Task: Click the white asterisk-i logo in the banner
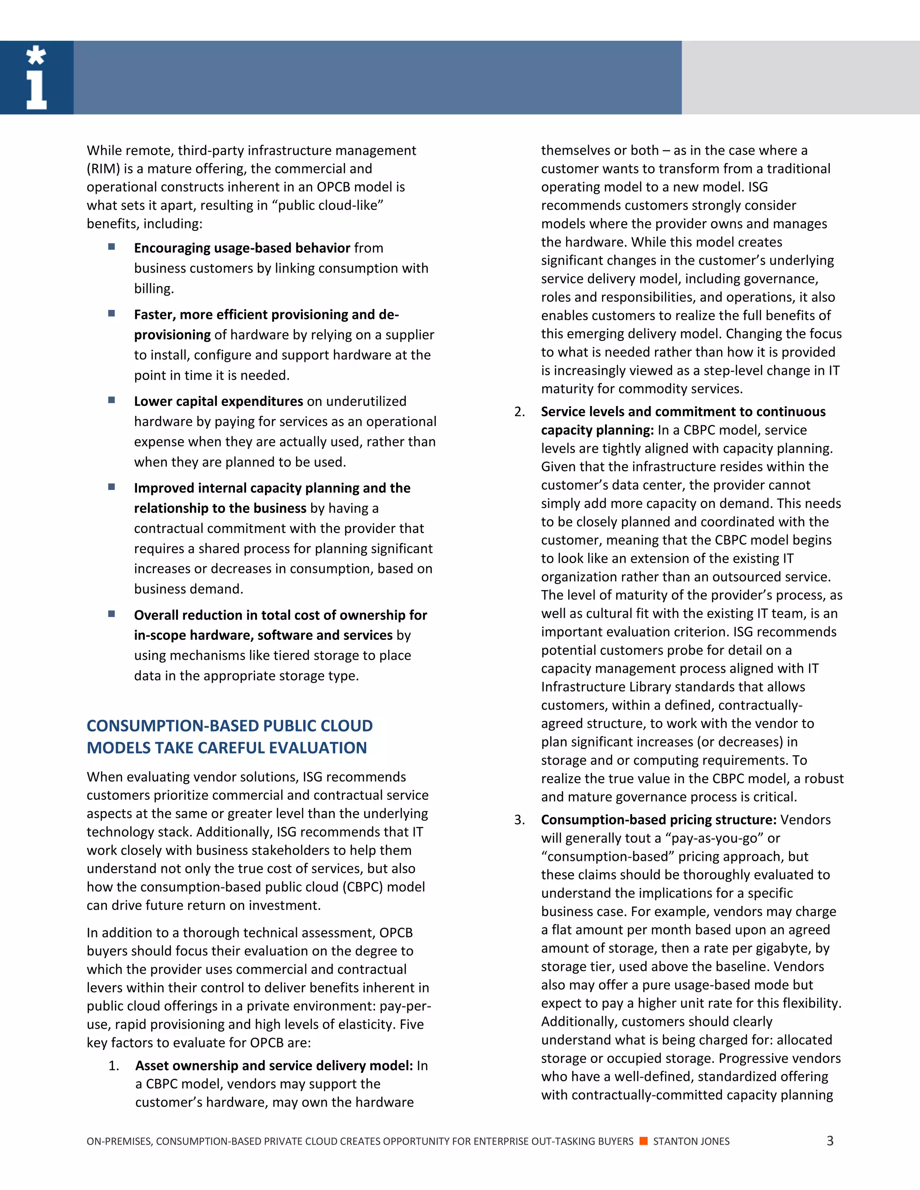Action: click(36, 77)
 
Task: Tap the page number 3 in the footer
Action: click(830, 1141)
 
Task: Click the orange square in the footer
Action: click(643, 1141)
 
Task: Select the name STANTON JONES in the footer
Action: click(691, 1141)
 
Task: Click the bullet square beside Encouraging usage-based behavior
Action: click(112, 247)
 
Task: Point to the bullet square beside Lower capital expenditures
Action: click(112, 400)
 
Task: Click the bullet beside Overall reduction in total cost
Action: click(112, 613)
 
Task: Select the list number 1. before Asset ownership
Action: click(114, 1065)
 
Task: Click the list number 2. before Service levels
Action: click(519, 411)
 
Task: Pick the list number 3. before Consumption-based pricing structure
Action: click(519, 820)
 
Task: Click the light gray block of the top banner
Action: click(800, 77)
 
